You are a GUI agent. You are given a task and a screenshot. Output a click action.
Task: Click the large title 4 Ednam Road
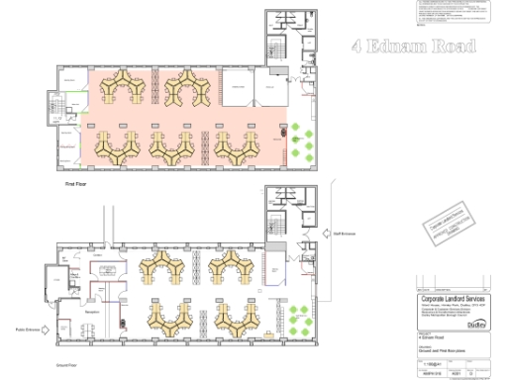[414, 47]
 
